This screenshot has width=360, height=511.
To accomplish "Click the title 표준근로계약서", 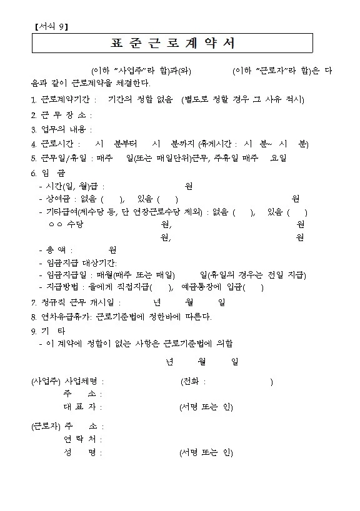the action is tap(172, 44).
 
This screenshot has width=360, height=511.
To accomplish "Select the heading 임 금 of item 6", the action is tap(52, 172).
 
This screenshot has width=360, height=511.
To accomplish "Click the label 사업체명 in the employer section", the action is tap(82, 382).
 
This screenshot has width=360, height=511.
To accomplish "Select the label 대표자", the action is tap(81, 407).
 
